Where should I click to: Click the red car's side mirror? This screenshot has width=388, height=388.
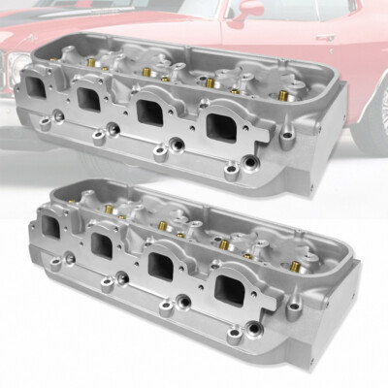pyautogui.click(x=250, y=8)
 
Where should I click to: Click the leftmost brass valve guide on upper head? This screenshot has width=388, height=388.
pyautogui.click(x=88, y=60)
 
